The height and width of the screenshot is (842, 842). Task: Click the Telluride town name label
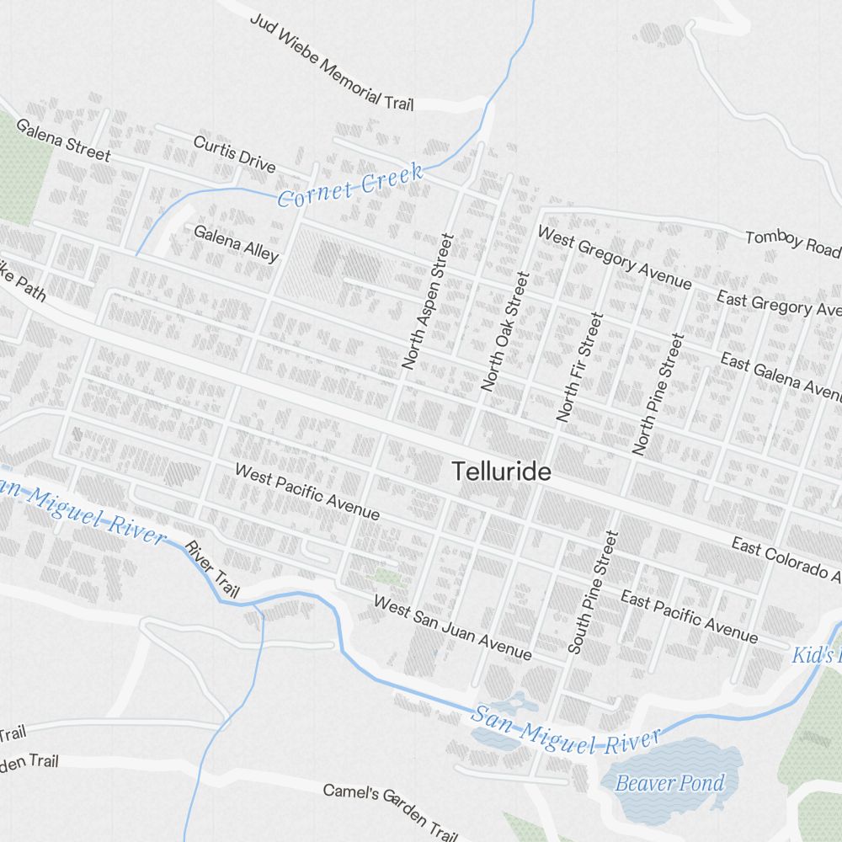(502, 472)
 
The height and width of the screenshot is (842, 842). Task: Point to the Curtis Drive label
(234, 153)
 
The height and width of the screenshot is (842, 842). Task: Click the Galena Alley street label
(236, 243)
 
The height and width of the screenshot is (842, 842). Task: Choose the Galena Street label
(63, 141)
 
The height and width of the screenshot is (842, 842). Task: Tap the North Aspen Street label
(428, 301)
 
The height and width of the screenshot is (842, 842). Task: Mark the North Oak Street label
(505, 331)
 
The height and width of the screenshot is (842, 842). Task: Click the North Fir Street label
(580, 367)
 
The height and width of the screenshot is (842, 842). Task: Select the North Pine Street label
(659, 393)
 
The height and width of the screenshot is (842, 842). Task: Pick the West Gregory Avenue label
(614, 258)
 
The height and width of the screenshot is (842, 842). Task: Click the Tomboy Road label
(792, 243)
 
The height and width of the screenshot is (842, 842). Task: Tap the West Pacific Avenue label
(307, 491)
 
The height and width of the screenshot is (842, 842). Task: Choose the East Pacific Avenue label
(689, 616)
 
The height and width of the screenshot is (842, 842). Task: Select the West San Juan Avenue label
(452, 628)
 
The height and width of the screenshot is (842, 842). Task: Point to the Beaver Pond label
(669, 784)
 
